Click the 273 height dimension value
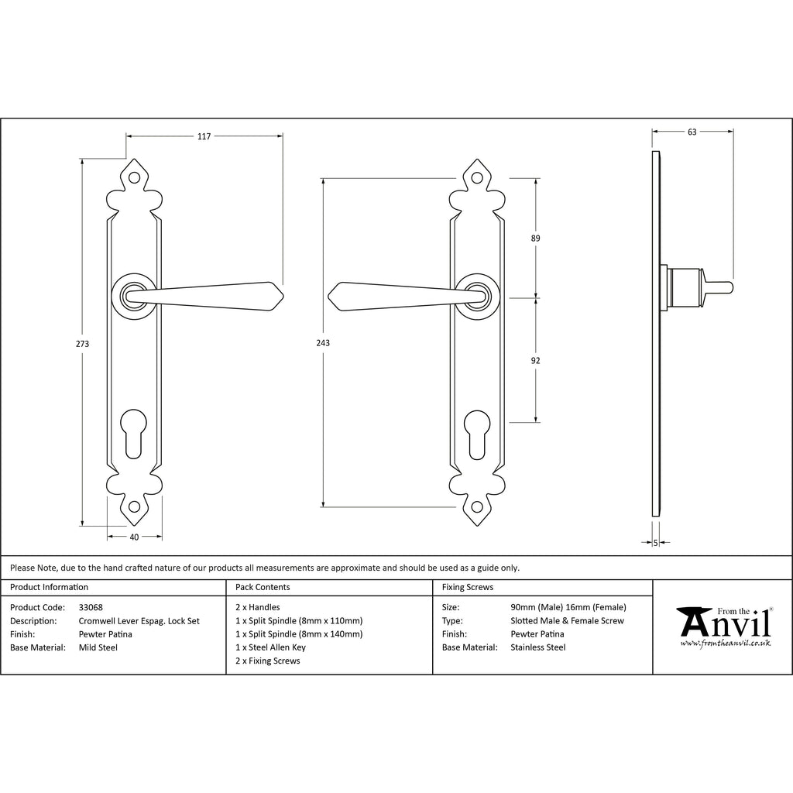tap(82, 344)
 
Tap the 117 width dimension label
tap(204, 137)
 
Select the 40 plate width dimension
tap(134, 537)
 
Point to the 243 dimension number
tap(323, 343)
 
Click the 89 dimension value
tap(535, 239)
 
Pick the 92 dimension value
tap(535, 360)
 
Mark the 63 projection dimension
tap(692, 132)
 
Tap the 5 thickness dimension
tap(655, 544)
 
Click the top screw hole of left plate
tap(134, 178)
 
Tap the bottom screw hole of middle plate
tap(477, 507)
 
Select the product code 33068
tap(92, 608)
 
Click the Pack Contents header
tap(263, 588)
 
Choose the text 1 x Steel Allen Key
tap(270, 647)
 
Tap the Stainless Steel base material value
tap(537, 647)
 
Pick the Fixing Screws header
tap(467, 588)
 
